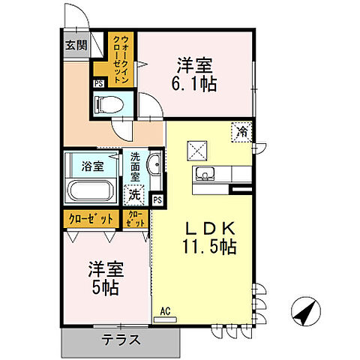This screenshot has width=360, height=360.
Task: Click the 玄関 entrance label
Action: tap(75, 44)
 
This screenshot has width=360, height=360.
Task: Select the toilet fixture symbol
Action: tap(109, 104)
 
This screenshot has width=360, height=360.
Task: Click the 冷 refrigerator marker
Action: tap(242, 130)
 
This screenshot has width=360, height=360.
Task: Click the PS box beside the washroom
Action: tap(157, 200)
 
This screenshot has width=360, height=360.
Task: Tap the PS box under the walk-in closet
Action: tap(98, 83)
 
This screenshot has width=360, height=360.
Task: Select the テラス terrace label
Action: tap(121, 339)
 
